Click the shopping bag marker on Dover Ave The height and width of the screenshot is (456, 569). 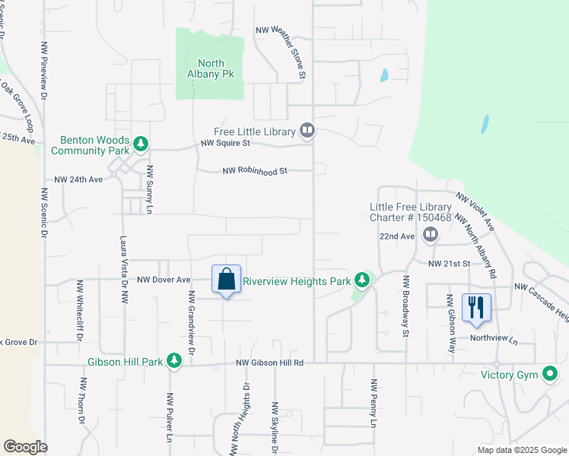[x=227, y=279]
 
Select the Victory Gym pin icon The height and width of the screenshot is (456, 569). [x=549, y=374]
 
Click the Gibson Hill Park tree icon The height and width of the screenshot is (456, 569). [x=175, y=361]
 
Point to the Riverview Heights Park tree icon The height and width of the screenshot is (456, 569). [x=362, y=281]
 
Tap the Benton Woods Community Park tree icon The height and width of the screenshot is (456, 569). [x=140, y=143]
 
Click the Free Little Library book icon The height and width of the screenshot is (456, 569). [x=307, y=131]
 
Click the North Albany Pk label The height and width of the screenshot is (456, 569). [x=210, y=69]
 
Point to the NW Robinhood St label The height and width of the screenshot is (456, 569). [x=255, y=171]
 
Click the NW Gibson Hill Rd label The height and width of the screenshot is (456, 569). [x=270, y=363]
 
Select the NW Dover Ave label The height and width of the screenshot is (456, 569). [x=163, y=280]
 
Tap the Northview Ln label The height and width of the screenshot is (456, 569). [x=492, y=339]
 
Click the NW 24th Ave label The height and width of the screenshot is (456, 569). [x=78, y=180]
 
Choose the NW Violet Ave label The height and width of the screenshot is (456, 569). [x=475, y=212]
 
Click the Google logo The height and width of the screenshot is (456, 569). [x=25, y=447]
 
